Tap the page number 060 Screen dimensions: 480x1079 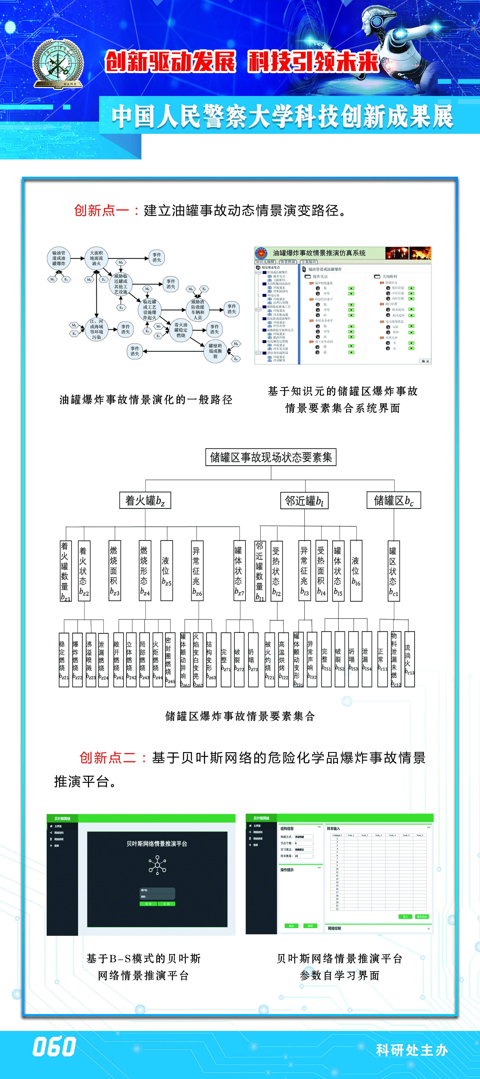click(55, 1046)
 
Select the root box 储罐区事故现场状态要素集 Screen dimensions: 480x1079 click(271, 457)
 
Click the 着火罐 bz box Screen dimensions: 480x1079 click(145, 500)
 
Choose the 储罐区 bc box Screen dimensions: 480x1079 click(394, 500)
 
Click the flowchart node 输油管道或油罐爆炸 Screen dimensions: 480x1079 click(59, 258)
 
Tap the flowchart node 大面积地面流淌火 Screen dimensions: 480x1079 click(97, 258)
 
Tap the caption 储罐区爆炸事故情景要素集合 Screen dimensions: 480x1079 click(240, 716)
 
